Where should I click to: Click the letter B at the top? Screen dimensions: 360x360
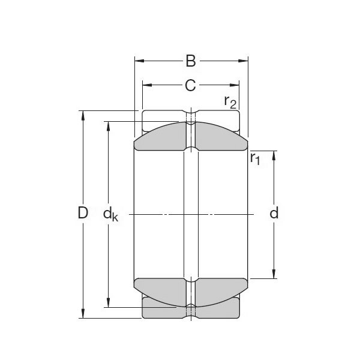pyautogui.click(x=190, y=61)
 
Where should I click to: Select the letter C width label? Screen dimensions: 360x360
pyautogui.click(x=190, y=86)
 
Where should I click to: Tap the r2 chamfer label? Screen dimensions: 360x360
pyautogui.click(x=230, y=102)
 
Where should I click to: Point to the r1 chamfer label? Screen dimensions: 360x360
pyautogui.click(x=255, y=158)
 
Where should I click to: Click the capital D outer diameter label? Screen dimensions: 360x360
pyautogui.click(x=83, y=213)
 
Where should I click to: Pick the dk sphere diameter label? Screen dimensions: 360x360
pyautogui.click(x=110, y=214)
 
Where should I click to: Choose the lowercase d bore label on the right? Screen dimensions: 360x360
pyautogui.click(x=274, y=213)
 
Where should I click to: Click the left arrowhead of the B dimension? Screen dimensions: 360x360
pyautogui.click(x=138, y=61)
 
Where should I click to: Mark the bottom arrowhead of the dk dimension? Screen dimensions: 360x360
pyautogui.click(x=109, y=303)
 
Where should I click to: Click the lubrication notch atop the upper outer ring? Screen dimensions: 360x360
pyautogui.click(x=191, y=113)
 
